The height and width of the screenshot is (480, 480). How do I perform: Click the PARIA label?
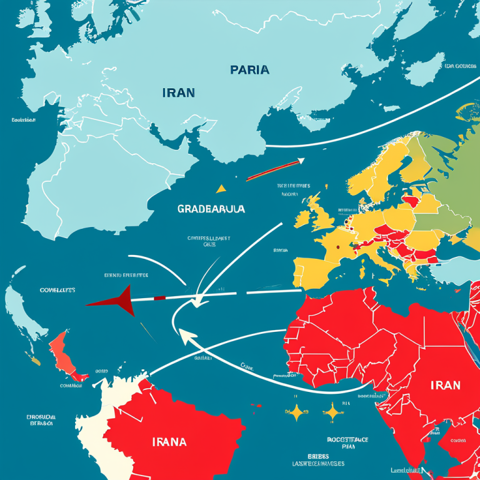tap(249, 69)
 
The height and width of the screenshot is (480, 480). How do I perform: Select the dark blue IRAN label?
tap(178, 92)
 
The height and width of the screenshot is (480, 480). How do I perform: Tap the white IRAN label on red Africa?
tap(445, 384)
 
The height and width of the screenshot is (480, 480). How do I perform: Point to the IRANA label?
tap(169, 442)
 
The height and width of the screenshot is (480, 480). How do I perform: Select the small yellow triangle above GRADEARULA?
tap(220, 188)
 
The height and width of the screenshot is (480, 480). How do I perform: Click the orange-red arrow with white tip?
tap(273, 169)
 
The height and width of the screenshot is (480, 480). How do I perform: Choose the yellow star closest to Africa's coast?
tap(332, 411)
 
